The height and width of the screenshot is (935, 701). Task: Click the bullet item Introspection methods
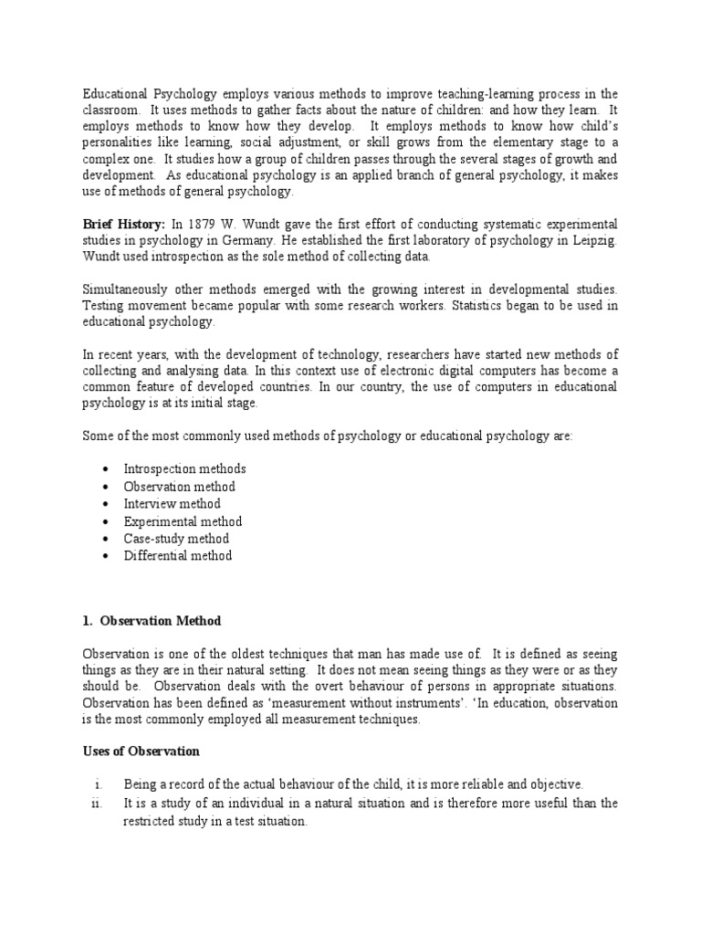(x=185, y=468)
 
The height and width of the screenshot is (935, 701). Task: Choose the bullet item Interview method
(x=173, y=503)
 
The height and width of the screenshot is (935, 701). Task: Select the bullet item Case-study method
(x=177, y=538)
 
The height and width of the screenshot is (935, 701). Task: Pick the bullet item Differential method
(x=178, y=555)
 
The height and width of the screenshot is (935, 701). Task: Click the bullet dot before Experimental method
(x=106, y=521)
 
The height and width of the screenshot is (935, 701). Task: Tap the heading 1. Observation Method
(x=152, y=621)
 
